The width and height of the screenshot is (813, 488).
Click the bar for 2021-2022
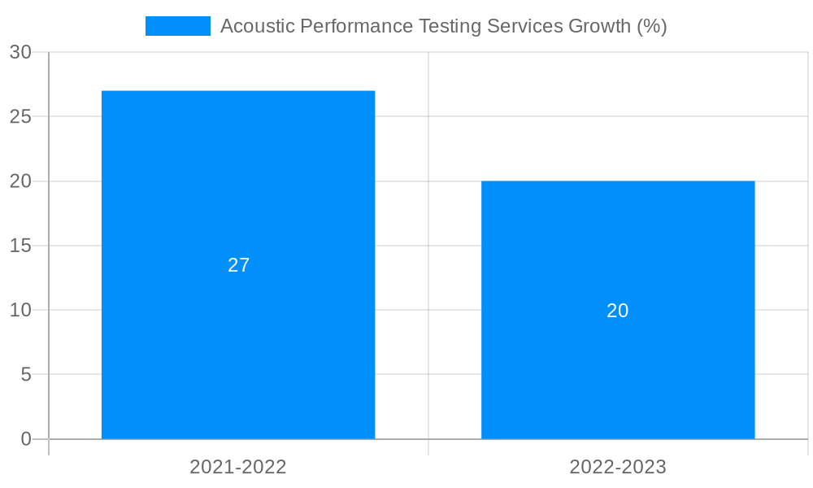click(238, 203)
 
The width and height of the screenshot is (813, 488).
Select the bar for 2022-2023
click(618, 244)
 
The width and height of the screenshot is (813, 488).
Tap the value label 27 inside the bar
click(238, 265)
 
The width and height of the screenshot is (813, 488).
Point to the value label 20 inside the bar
click(618, 311)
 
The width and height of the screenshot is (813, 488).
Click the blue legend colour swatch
click(177, 26)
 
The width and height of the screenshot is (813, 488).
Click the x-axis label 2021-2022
click(238, 467)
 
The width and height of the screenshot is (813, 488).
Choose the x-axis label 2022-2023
click(618, 467)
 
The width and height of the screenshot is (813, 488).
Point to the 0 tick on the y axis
click(25, 439)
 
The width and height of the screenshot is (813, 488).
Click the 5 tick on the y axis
click(25, 375)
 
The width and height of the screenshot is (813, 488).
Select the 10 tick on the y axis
click(20, 310)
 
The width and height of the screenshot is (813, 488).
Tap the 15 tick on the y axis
click(20, 246)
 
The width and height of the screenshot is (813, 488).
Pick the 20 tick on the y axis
click(20, 181)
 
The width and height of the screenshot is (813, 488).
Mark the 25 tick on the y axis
click(20, 116)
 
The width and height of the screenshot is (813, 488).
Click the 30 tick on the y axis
click(20, 52)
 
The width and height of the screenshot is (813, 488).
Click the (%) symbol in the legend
click(652, 26)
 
